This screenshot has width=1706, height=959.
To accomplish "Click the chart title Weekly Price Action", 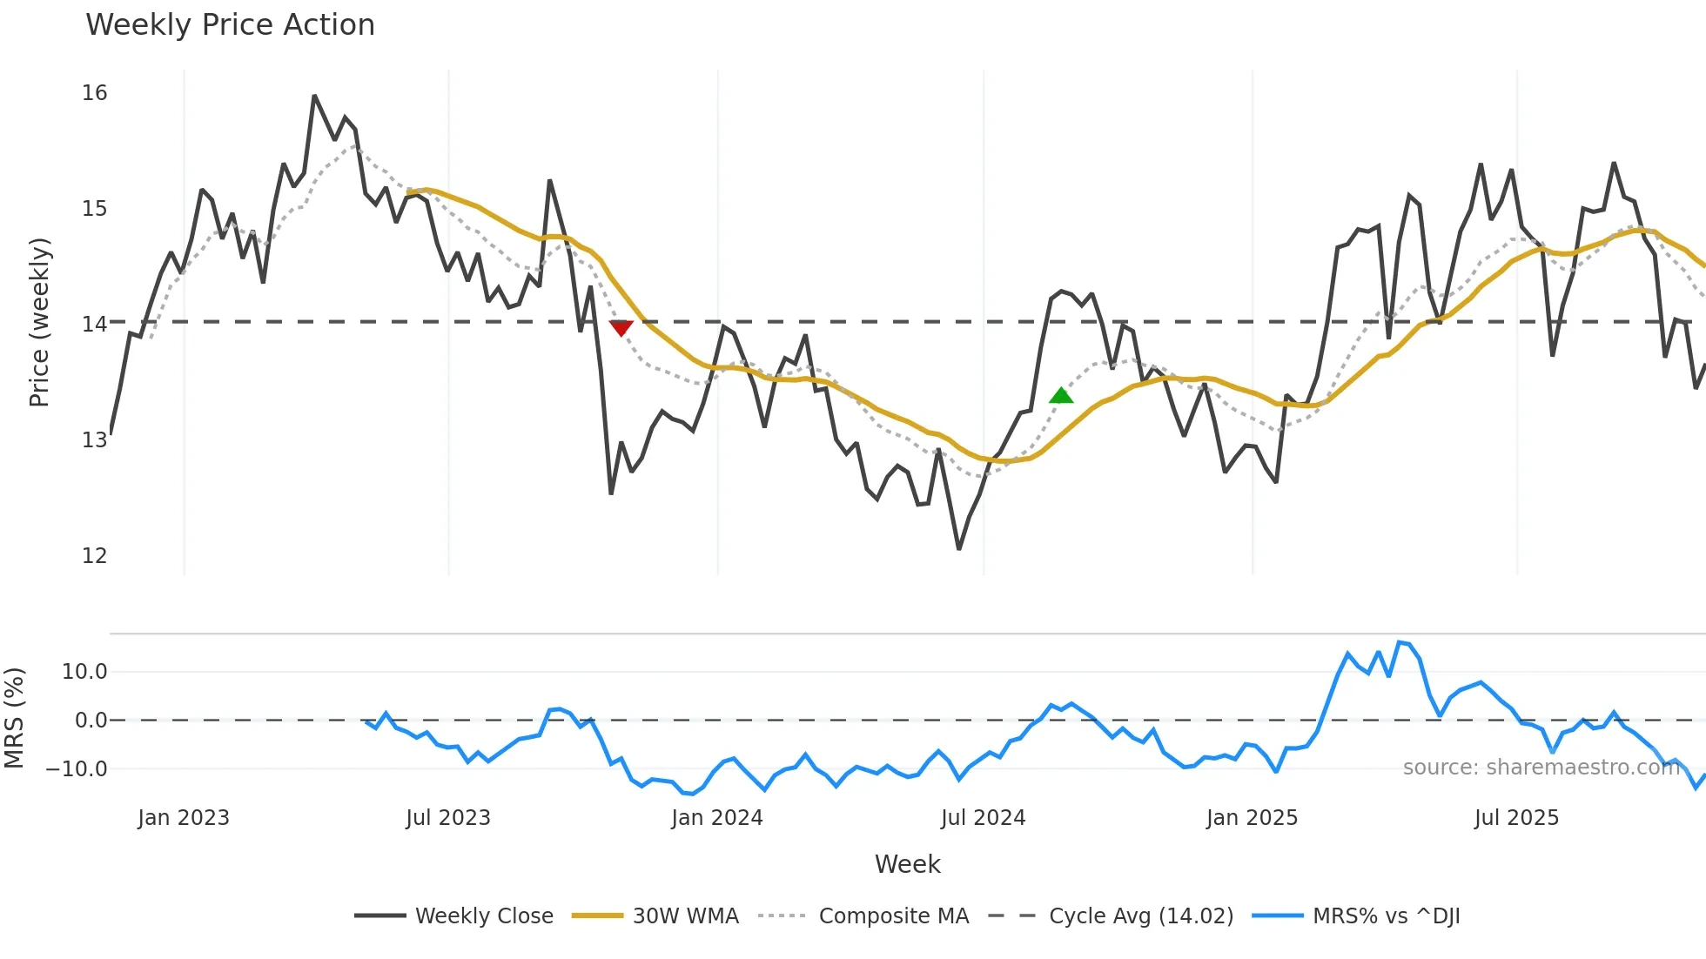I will point(230,25).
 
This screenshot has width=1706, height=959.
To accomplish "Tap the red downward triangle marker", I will point(621,328).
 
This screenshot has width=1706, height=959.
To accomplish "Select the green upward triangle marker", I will point(1061,396).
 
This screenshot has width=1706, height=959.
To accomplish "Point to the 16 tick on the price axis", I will point(94,93).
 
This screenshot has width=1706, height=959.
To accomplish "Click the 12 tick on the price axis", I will point(94,555).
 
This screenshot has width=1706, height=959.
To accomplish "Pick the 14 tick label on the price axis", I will point(94,324).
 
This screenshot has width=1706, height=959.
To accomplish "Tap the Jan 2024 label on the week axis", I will point(716,818).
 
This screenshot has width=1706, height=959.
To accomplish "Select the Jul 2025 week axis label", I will point(1516,818).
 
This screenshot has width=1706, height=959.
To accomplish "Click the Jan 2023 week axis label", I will point(184,818).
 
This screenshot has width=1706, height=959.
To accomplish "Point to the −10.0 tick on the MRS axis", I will point(77,769).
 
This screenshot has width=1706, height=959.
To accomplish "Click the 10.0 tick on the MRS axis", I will point(84,671).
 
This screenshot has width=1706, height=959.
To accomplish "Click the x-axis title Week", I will point(907,864).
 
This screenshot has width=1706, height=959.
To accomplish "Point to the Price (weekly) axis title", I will point(40,322).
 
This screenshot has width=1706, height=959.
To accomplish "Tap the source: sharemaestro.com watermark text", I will point(1541,768).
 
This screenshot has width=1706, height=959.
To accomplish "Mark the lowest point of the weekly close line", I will point(958,549).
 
